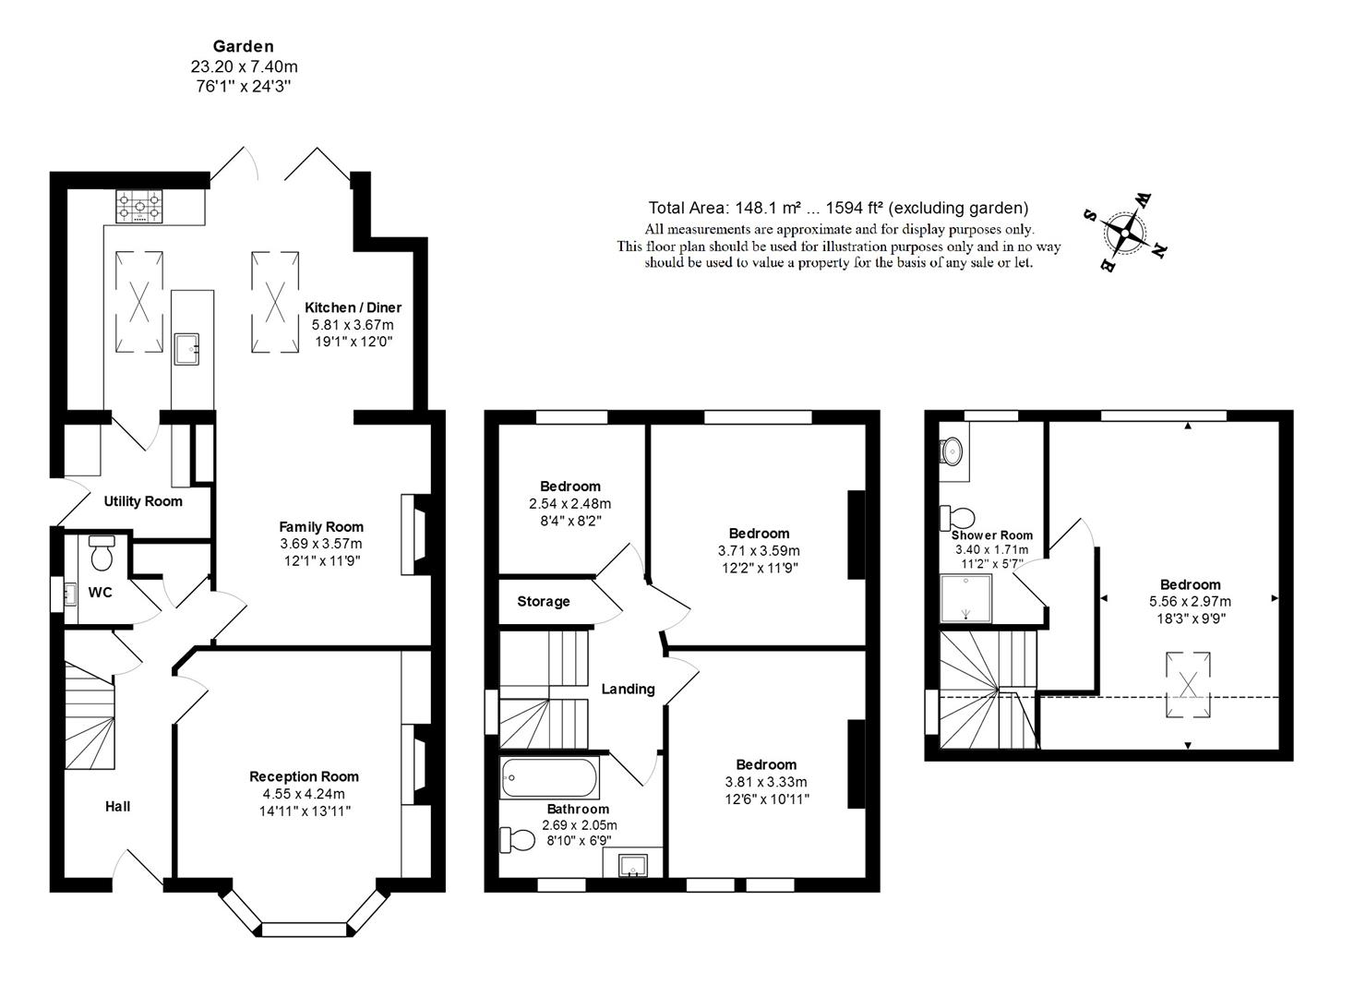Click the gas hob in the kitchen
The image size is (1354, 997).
coord(139,207)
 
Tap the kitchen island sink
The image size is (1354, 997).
coord(186,350)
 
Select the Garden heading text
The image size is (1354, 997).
coord(244,46)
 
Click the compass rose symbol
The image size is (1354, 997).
coord(1125,233)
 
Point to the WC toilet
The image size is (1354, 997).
coord(102,553)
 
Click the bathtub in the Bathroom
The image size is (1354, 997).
coord(549,777)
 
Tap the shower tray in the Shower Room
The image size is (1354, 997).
coord(966,598)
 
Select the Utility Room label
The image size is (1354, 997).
coord(143,501)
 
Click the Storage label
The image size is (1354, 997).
coord(544,602)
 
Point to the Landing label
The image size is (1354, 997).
coord(628,690)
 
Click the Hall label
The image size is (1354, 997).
coord(117,807)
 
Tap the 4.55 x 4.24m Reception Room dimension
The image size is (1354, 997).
coord(304,794)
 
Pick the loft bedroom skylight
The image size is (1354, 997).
coord(1188,685)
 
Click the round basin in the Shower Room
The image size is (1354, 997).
coord(952,451)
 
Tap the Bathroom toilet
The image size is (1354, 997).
coord(518,840)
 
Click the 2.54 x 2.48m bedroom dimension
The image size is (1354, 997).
coord(570,504)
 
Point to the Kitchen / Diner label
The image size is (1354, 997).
coord(353,307)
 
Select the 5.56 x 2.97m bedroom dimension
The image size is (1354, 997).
coord(1191,602)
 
